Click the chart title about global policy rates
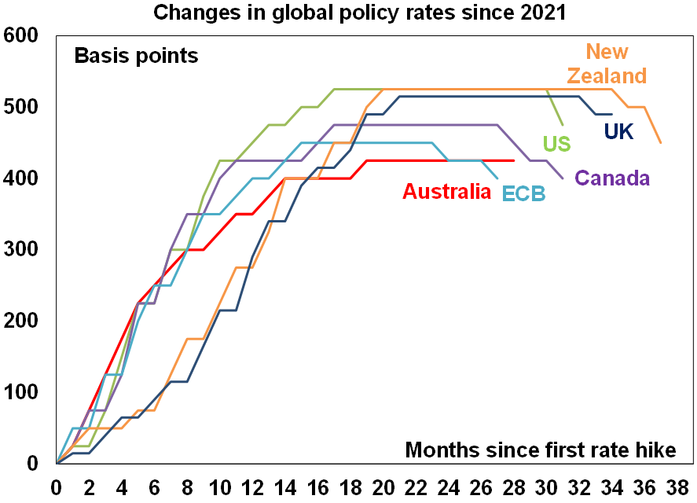coord(348,13)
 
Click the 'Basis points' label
coord(135,57)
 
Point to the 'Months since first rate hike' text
coord(541,450)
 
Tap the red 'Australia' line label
coord(446,191)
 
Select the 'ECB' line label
coord(524,192)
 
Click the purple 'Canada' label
coord(613,178)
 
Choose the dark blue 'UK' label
coord(618,131)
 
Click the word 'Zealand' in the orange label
coord(607,75)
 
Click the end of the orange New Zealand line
coord(660,142)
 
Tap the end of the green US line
coord(563,124)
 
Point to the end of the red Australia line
coord(514,160)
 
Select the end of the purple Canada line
coord(563,178)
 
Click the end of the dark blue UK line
coord(611,114)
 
